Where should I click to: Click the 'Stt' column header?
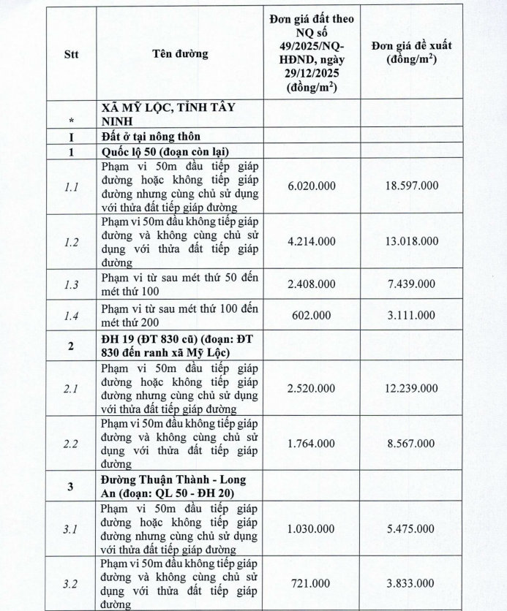coord(71,53)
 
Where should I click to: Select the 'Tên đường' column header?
coord(180,53)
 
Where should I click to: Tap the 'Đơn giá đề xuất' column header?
coord(411,53)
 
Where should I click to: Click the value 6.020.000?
coord(312,186)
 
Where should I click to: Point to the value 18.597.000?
coord(411,186)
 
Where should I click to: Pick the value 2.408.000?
coord(312,284)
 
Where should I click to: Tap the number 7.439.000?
coord(411,284)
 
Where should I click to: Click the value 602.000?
coord(312,315)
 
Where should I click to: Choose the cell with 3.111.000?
coord(411,315)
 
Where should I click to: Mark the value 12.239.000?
coord(411,387)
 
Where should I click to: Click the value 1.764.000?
coord(312,444)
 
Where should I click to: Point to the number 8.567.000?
coord(411,444)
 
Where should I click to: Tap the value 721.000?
coord(312,584)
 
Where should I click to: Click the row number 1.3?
coord(71,284)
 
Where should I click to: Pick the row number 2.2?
coord(71,444)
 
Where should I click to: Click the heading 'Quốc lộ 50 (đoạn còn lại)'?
coord(166,151)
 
